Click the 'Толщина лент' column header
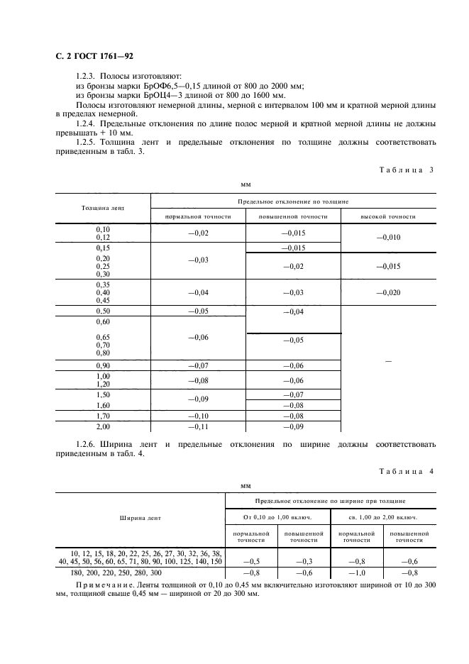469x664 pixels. point(103,209)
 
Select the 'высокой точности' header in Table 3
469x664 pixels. point(388,216)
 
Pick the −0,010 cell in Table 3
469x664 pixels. point(388,238)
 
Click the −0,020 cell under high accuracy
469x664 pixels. point(388,292)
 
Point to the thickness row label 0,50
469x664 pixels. point(103,311)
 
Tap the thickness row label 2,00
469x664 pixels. point(103,426)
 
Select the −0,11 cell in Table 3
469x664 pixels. point(199,426)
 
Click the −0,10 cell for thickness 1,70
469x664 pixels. point(199,416)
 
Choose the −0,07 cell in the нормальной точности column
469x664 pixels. point(199,365)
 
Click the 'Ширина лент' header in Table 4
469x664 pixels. point(140,518)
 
